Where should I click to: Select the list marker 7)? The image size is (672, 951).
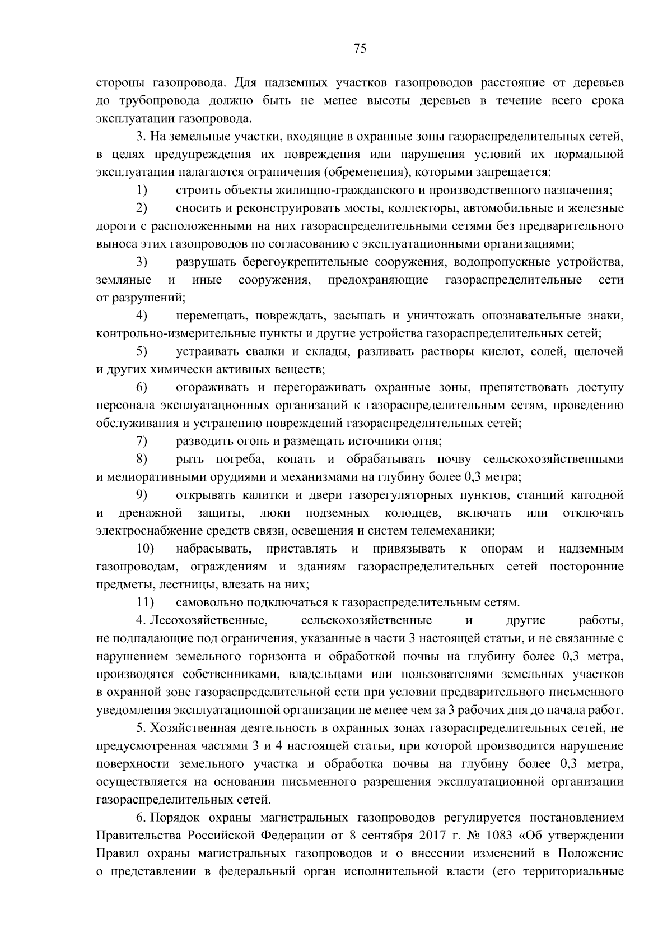coord(142,441)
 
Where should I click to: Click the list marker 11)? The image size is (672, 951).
coord(145,602)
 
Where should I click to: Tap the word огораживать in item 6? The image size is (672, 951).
coord(212,387)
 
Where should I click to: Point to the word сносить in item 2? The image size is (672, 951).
coord(196,208)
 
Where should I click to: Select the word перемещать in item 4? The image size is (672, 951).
coord(207,316)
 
